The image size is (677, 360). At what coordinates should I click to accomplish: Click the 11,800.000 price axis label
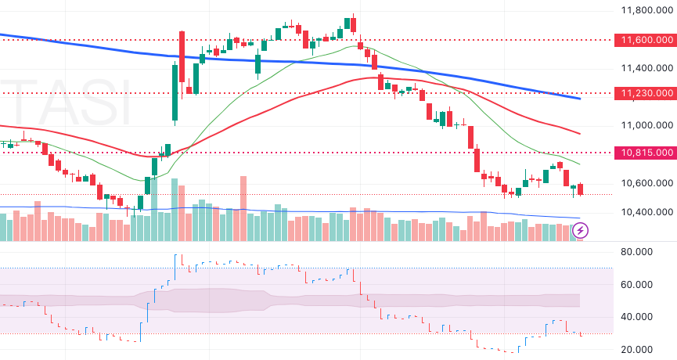tap(646, 10)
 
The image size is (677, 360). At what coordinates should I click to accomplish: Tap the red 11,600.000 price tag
tap(646, 39)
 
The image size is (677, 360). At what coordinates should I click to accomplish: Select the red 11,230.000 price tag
tap(646, 93)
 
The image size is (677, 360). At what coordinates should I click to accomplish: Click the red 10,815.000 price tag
tap(646, 153)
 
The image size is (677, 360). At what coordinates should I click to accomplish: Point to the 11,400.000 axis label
tap(646, 68)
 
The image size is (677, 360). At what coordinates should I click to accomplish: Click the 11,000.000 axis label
tap(646, 125)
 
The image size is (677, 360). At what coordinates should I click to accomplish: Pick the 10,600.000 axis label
tap(646, 183)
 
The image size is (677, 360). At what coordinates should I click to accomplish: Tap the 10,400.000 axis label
tap(646, 212)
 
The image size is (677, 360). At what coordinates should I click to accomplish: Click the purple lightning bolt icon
tap(582, 230)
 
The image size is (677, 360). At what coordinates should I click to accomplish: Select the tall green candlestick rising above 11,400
tap(174, 93)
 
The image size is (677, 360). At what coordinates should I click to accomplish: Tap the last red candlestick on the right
tap(581, 189)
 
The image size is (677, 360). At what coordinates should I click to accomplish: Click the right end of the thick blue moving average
tap(579, 99)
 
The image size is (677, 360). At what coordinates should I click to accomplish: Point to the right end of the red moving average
tap(578, 133)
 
